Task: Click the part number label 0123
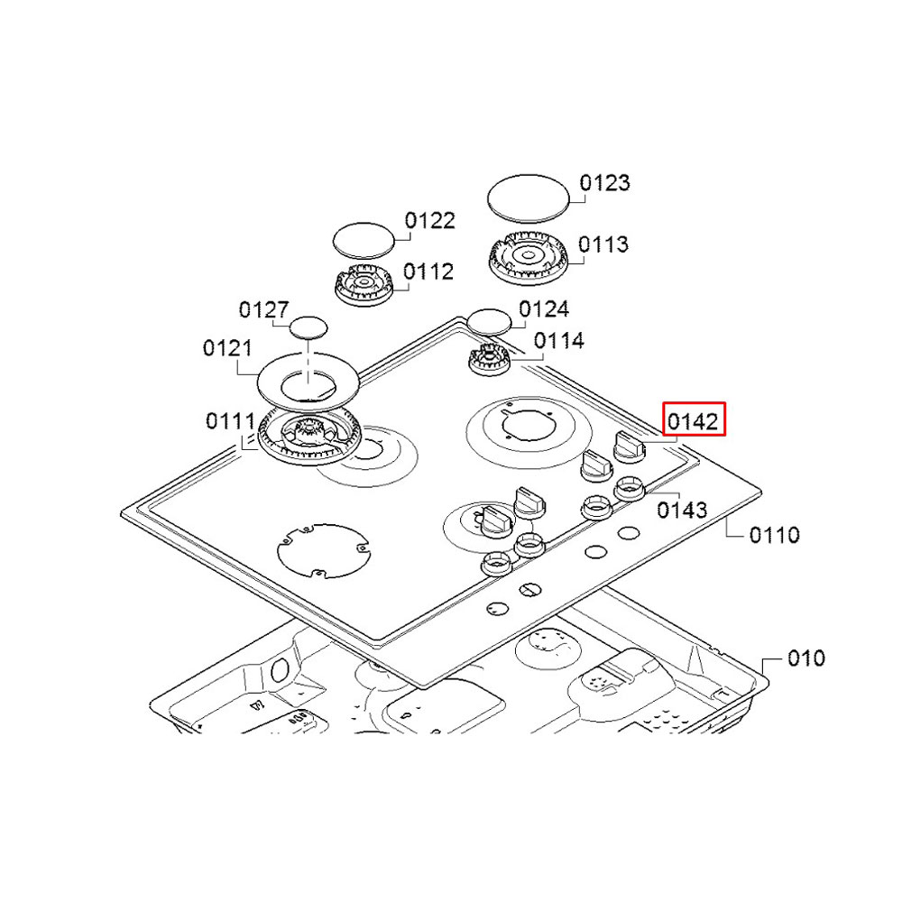click(x=604, y=184)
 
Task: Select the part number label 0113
click(x=603, y=244)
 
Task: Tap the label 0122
click(x=429, y=221)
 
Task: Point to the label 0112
click(x=428, y=272)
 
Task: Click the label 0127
click(x=263, y=310)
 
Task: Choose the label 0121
click(x=228, y=348)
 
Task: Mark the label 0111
click(x=229, y=421)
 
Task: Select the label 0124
click(x=544, y=310)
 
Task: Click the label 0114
click(x=558, y=341)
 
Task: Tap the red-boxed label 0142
click(x=693, y=420)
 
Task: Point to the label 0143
click(x=682, y=510)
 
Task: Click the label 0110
click(x=774, y=536)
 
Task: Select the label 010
click(x=805, y=658)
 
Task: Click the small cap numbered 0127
click(x=308, y=326)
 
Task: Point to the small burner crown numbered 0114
click(x=488, y=360)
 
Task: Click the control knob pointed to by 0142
click(x=628, y=444)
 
